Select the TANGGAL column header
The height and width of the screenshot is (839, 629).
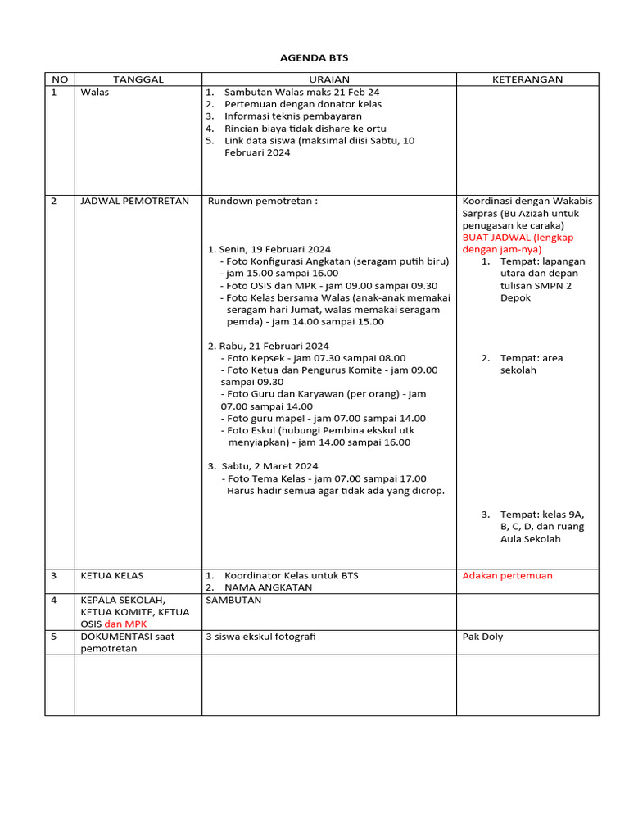click(x=138, y=79)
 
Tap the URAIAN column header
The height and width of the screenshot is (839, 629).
click(x=328, y=79)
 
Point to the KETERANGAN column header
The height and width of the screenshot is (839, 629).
click(x=527, y=79)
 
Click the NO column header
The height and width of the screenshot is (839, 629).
click(x=59, y=79)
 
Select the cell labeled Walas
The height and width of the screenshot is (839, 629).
click(x=94, y=93)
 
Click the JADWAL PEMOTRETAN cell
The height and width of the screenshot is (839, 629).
click(x=134, y=201)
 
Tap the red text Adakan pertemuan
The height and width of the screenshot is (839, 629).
click(x=507, y=575)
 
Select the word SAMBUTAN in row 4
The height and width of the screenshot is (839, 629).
click(x=233, y=600)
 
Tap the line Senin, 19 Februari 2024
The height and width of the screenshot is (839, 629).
click(x=270, y=249)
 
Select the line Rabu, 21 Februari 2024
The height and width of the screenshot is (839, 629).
click(x=269, y=346)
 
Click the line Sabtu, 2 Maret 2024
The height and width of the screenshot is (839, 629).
click(x=264, y=466)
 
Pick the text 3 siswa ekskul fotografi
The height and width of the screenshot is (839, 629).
click(x=260, y=637)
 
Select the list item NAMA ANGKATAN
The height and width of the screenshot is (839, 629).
click(x=268, y=587)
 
